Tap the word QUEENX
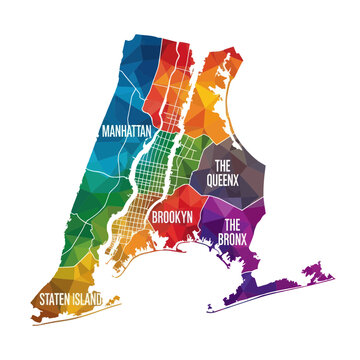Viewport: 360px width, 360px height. (x=222, y=181)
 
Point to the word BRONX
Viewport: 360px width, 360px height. (x=242, y=238)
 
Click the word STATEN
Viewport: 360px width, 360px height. (x=58, y=298)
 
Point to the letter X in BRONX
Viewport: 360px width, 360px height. (x=258, y=238)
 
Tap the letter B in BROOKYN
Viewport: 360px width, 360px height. (x=154, y=215)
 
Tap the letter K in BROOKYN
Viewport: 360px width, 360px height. (x=179, y=215)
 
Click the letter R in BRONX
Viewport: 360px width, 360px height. (x=234, y=238)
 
